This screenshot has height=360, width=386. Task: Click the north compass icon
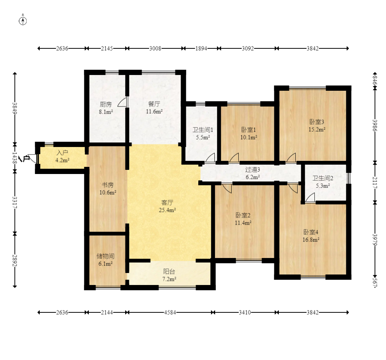tap(22, 21)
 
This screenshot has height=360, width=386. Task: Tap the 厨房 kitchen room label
tap(106, 105)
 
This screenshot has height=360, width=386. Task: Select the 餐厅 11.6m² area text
tap(154, 111)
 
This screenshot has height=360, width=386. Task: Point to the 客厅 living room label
tap(167, 202)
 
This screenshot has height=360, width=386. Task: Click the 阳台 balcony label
tap(169, 271)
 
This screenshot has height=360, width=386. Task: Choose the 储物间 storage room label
tap(105, 256)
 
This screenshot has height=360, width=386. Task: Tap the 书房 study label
tap(108, 185)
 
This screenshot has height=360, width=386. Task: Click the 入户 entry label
tap(62, 153)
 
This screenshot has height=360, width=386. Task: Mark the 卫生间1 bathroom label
tap(203, 130)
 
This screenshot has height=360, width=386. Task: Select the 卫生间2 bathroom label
tap(323, 178)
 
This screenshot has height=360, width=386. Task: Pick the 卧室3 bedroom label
tap(317, 122)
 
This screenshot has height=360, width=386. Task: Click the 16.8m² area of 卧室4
tap(311, 240)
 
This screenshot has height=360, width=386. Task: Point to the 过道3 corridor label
tap(253, 169)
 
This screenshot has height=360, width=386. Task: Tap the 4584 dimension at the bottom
tap(170, 312)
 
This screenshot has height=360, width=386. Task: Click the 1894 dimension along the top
tap(201, 48)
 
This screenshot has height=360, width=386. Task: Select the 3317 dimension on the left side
tap(15, 202)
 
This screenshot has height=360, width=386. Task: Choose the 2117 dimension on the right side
tap(375, 183)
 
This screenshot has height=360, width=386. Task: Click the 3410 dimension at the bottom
tap(245, 312)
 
